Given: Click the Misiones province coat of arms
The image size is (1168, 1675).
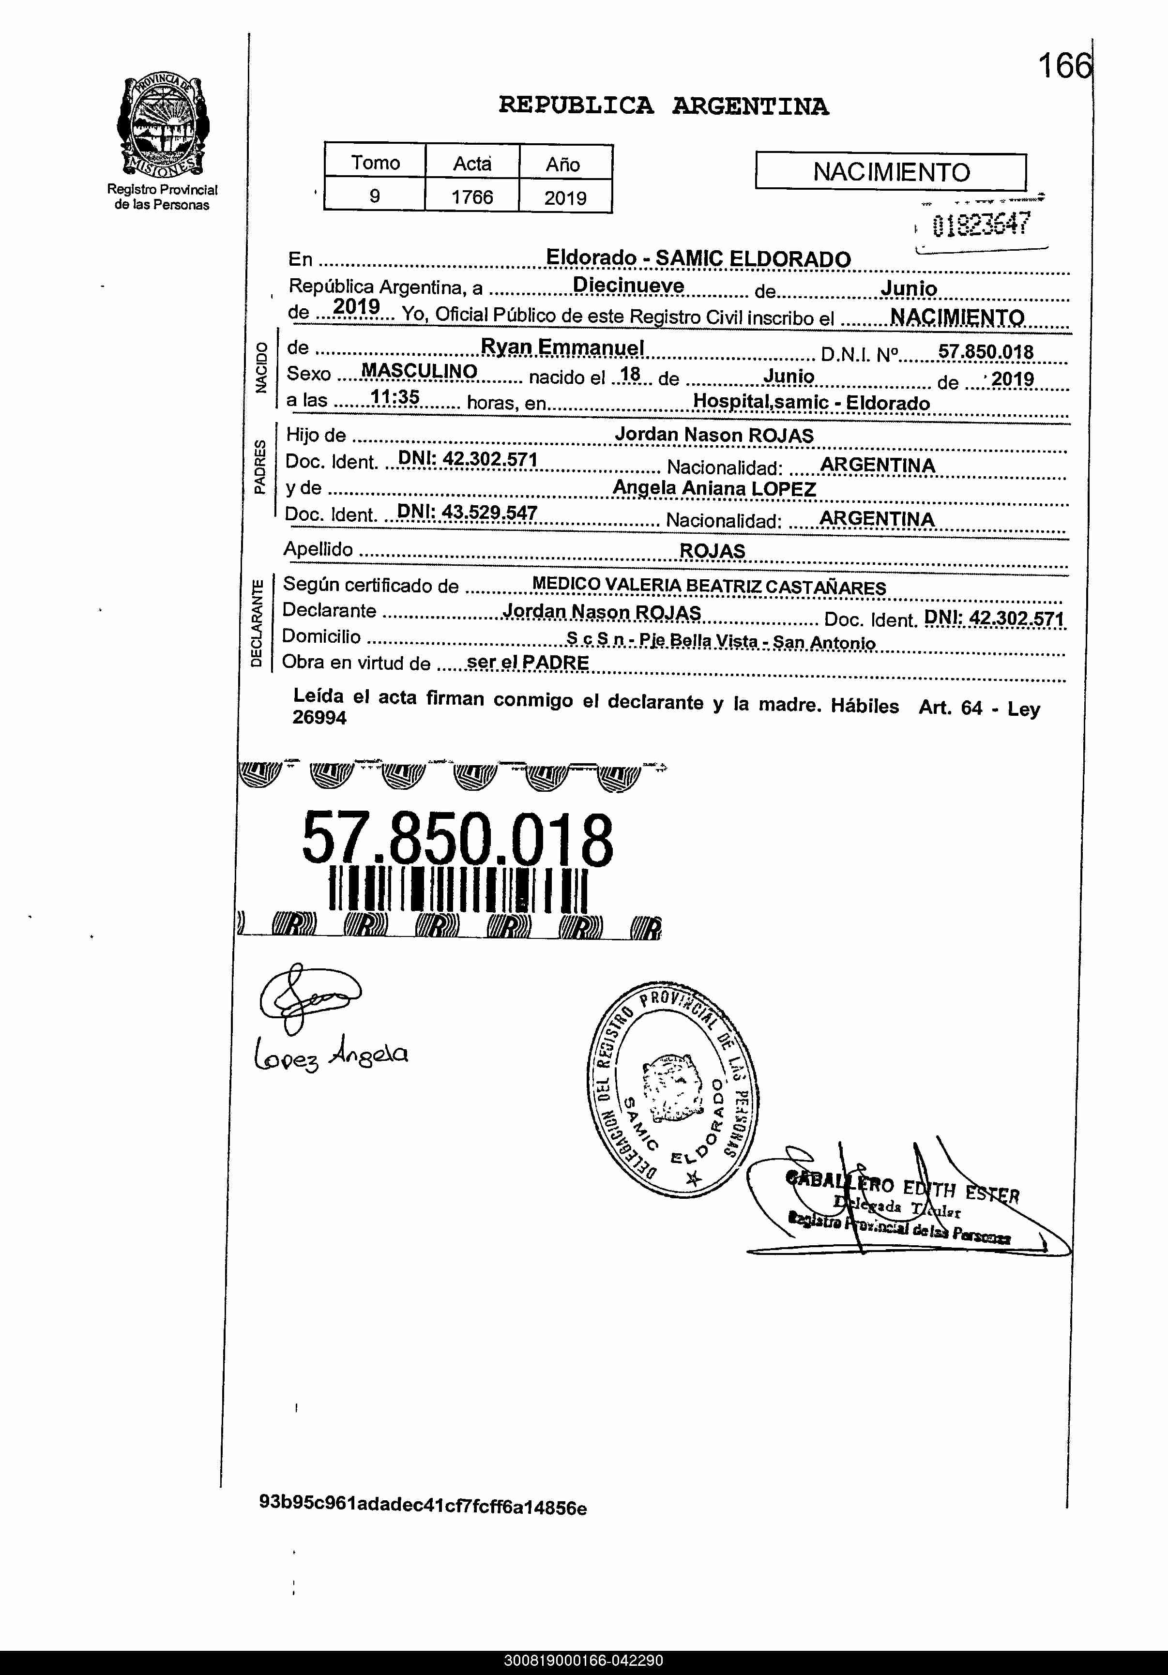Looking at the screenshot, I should (162, 125).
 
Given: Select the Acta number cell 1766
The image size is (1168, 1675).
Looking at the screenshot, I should (472, 197).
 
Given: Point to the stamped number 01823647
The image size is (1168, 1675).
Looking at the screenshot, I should (981, 224).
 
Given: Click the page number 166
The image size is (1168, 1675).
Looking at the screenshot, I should (1065, 67).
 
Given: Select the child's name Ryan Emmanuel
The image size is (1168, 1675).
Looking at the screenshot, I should (562, 348).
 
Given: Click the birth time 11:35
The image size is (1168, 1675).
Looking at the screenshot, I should (394, 398).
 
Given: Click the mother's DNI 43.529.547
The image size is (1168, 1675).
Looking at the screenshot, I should (467, 513).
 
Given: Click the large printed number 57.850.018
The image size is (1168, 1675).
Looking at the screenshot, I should (457, 840).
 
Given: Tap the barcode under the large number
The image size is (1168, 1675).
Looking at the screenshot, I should (457, 890).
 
